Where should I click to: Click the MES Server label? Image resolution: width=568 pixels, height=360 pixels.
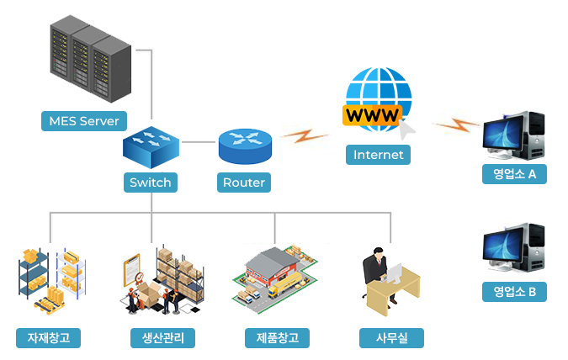point(84,121)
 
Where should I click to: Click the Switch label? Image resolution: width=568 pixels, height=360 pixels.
point(151,182)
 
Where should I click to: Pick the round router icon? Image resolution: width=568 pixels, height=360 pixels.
point(244,146)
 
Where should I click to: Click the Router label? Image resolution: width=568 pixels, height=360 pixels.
point(244,182)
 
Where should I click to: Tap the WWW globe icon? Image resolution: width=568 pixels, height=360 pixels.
point(378,100)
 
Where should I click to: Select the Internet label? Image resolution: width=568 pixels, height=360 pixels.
point(378,155)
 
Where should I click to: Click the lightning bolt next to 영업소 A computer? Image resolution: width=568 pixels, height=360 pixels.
point(455,125)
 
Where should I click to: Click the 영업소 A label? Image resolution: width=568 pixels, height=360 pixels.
point(514,174)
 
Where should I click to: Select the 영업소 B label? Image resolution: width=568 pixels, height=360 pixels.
point(514,292)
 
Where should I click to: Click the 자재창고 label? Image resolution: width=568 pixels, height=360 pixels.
point(49,338)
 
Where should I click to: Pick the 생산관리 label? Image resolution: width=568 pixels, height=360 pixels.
point(163,338)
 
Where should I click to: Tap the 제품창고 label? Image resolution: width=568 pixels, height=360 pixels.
point(277,338)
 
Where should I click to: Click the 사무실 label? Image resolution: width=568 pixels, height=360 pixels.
point(390,338)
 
